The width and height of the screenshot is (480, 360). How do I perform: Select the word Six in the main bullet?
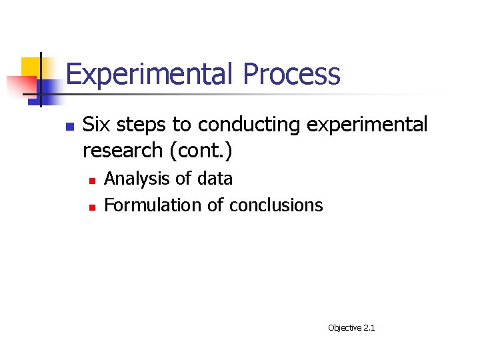click(95, 125)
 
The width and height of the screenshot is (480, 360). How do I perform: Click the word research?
click(123, 151)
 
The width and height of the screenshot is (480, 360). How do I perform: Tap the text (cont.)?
click(201, 151)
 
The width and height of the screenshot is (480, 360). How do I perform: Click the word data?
click(215, 179)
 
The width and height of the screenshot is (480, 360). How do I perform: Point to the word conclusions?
click(275, 205)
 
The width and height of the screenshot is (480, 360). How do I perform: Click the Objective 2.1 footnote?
click(351, 328)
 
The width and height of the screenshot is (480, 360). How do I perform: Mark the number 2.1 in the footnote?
click(369, 328)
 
